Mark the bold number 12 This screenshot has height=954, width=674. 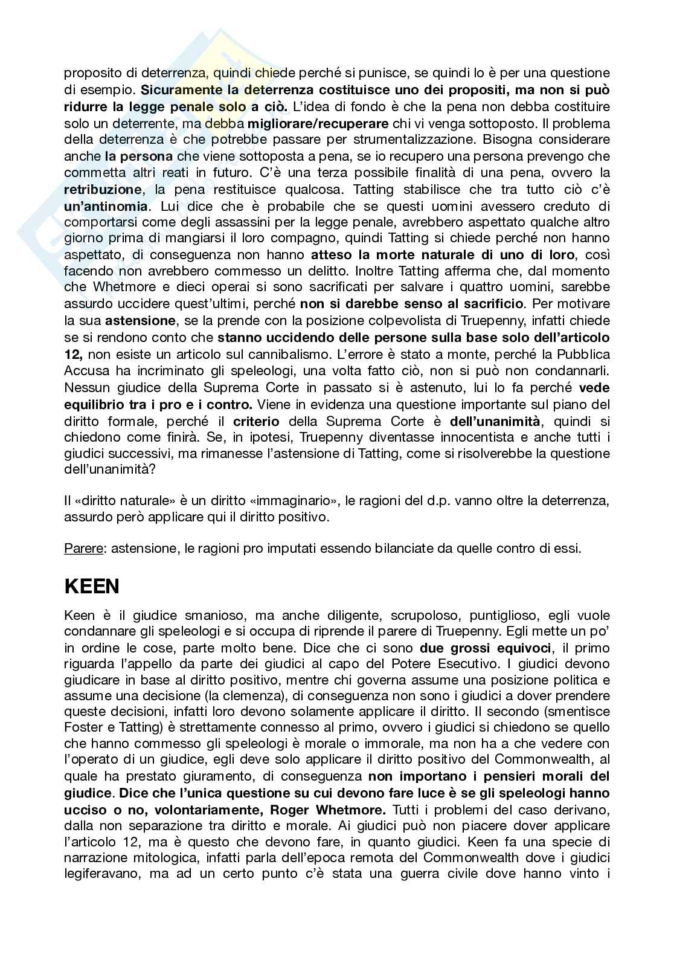72,354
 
